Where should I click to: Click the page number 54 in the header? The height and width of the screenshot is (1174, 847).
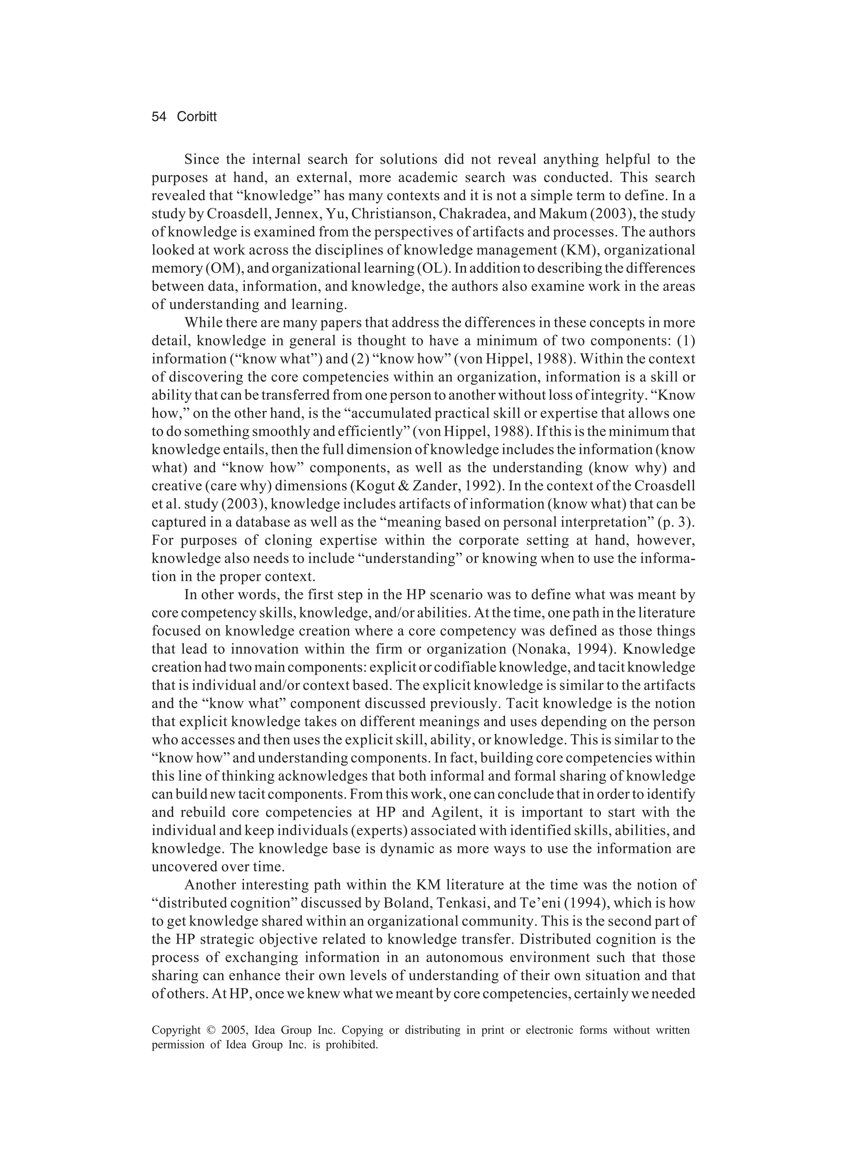point(159,117)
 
